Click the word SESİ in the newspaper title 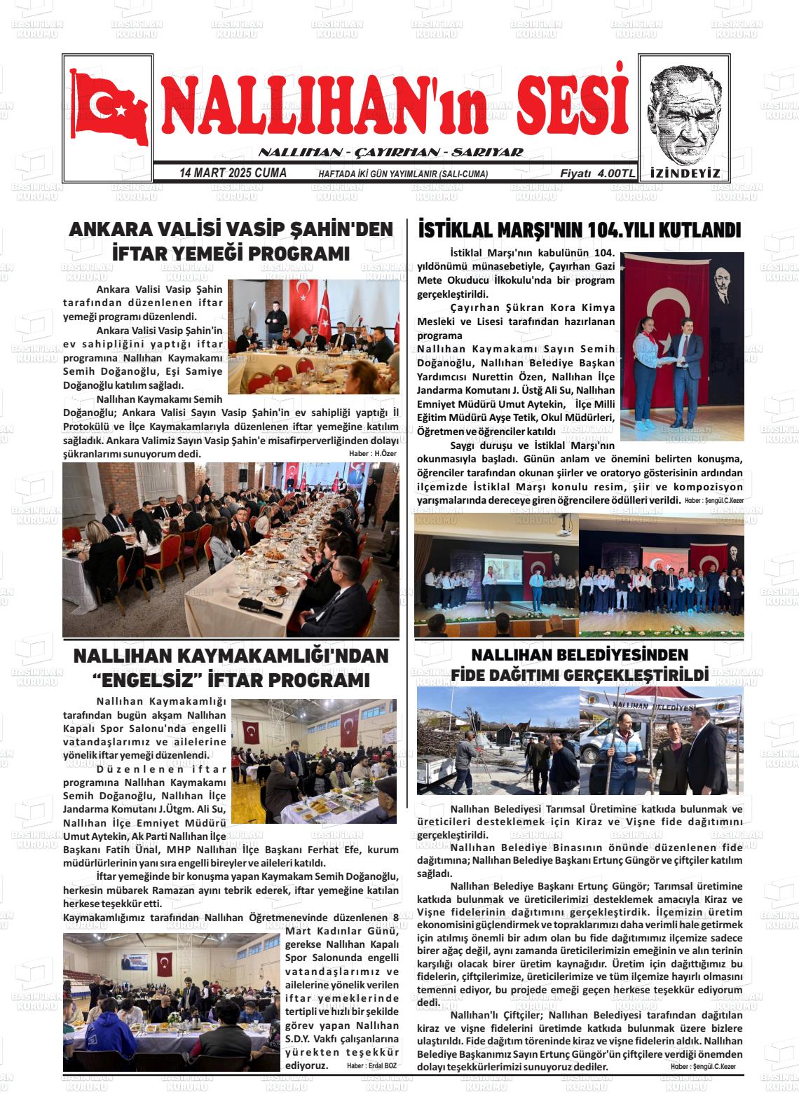point(572,105)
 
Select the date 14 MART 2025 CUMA point(233,173)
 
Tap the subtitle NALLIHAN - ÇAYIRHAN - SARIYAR point(390,153)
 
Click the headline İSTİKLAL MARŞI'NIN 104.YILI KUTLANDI point(579,230)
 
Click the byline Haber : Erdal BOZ point(371,1065)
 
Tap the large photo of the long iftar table point(231,550)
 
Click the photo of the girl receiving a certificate point(683,347)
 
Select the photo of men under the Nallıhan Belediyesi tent point(661,741)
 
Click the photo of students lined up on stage point(661,574)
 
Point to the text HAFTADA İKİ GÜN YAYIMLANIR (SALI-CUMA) point(403,174)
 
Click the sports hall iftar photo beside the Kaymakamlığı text point(313,761)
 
